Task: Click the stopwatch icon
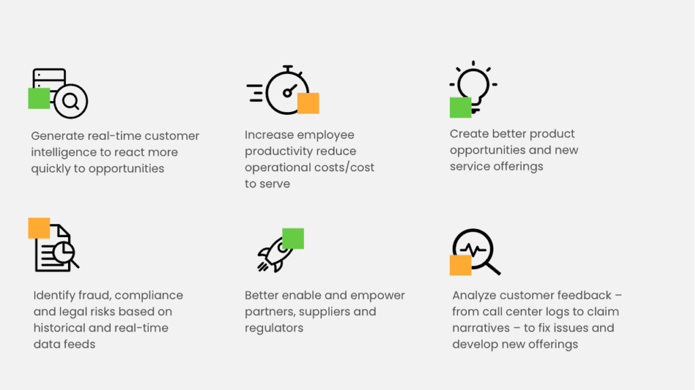(285, 91)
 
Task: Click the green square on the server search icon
(39, 98)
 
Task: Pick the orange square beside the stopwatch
(308, 103)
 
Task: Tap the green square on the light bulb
(461, 107)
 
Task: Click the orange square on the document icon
(39, 228)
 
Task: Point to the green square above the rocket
(293, 238)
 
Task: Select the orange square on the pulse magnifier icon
(461, 265)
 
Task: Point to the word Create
(469, 134)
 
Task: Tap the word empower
(380, 296)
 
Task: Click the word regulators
(274, 328)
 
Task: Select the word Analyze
(475, 296)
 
